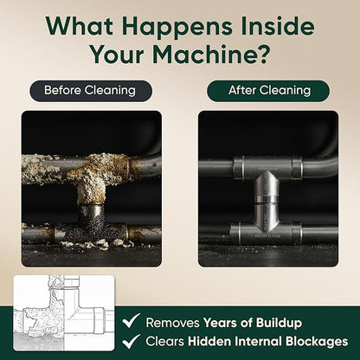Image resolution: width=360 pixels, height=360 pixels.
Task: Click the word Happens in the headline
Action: [177, 28]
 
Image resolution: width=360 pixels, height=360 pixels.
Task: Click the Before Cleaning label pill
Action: [91, 91]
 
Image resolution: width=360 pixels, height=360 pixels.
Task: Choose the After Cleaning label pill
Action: [268, 91]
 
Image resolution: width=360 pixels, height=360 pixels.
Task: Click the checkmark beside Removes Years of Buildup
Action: [131, 320]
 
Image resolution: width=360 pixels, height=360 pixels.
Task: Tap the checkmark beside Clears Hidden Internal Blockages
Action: [131, 341]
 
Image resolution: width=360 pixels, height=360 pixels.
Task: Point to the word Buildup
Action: [279, 323]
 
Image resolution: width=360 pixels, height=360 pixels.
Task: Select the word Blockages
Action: [317, 342]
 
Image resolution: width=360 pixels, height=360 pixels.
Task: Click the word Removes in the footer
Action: [172, 323]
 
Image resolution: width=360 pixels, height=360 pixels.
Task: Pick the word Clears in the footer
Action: [164, 342]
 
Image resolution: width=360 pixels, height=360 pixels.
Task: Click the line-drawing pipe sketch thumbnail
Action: [64, 313]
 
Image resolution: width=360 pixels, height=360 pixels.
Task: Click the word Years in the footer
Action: [222, 323]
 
